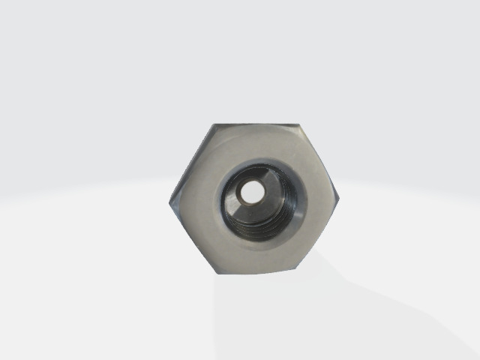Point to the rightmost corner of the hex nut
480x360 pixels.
point(339,197)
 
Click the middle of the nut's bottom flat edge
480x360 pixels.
point(259,271)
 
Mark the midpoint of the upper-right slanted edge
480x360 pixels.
point(320,160)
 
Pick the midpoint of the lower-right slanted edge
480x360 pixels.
point(320,233)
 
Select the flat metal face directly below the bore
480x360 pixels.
point(259,255)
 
